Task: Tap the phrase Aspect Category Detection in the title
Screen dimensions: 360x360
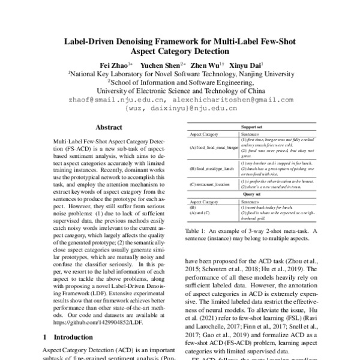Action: coord(180,52)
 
